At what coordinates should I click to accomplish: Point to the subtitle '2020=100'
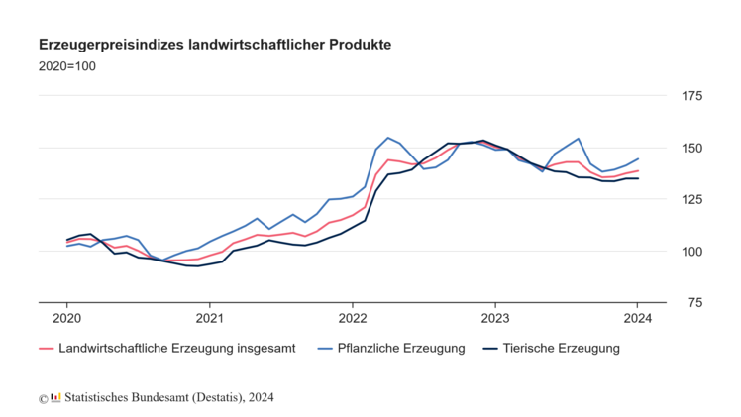click(x=66, y=66)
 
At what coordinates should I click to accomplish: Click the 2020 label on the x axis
click(x=66, y=318)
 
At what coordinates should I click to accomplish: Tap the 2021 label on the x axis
click(x=209, y=318)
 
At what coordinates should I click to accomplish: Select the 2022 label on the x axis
click(x=353, y=318)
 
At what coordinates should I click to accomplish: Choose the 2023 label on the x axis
click(x=495, y=318)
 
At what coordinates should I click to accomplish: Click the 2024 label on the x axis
click(x=638, y=318)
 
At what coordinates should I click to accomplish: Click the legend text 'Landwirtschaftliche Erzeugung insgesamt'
click(x=176, y=348)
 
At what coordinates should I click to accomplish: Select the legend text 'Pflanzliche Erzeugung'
click(x=402, y=348)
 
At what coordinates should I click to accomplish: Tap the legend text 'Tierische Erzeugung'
click(x=561, y=348)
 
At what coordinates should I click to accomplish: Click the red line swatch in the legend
click(x=46, y=348)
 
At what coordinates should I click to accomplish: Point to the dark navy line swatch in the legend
click(x=489, y=348)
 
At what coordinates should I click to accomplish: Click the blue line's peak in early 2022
click(x=387, y=138)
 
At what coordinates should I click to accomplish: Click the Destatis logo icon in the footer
click(x=55, y=397)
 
